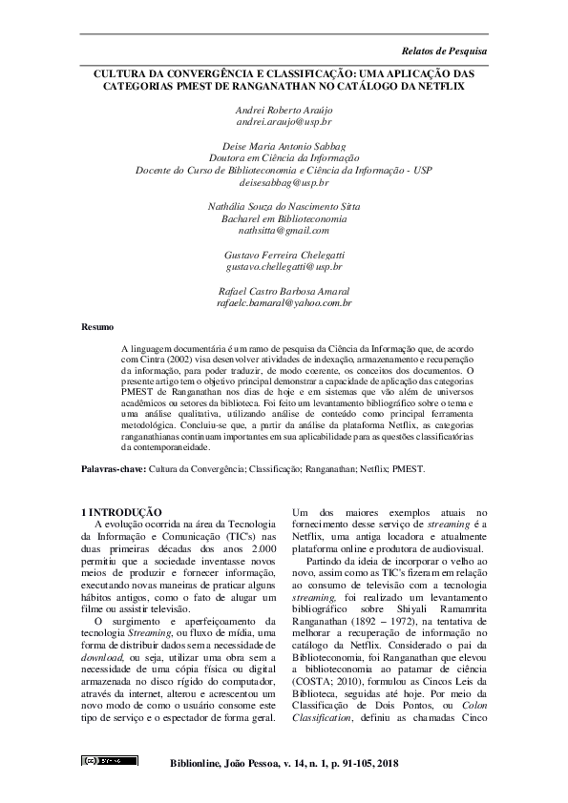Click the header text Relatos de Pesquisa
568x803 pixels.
444,49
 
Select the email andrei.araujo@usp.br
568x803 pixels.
284,123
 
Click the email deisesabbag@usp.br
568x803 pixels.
284,181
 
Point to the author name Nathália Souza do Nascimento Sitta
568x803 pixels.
284,206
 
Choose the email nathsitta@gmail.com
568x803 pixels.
284,230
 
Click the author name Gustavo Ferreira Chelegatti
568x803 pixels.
284,255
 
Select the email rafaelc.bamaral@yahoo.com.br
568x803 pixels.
284,302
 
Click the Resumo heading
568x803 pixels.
96,326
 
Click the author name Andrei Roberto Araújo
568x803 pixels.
284,111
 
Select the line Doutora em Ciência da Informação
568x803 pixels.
284,157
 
